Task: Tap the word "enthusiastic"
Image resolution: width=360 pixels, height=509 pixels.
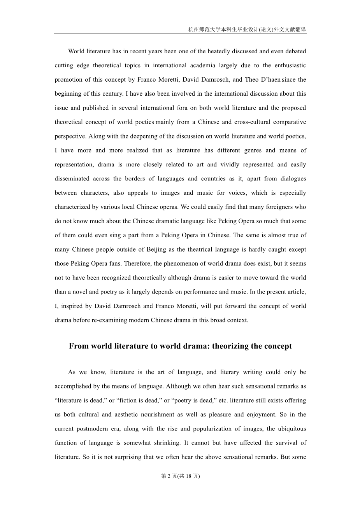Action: tap(289, 65)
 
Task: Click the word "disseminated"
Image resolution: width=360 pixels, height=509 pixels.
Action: tap(71, 178)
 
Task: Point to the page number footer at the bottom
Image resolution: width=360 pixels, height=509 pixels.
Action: tap(180, 476)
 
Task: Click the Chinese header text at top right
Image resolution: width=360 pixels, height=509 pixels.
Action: tap(247, 29)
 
